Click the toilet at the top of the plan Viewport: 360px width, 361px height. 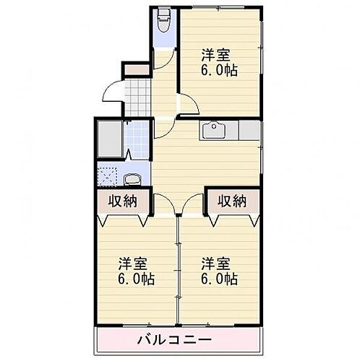tap(163, 17)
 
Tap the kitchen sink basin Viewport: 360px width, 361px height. tap(215, 131)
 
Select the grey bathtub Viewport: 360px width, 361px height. tap(110, 139)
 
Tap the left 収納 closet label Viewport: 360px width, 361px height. tap(124, 201)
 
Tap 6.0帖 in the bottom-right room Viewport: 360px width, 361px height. tap(220, 279)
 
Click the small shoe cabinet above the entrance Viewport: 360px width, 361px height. tap(137, 70)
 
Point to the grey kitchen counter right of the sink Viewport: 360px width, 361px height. tap(248, 131)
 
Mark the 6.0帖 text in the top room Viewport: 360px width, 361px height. tap(220, 71)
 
